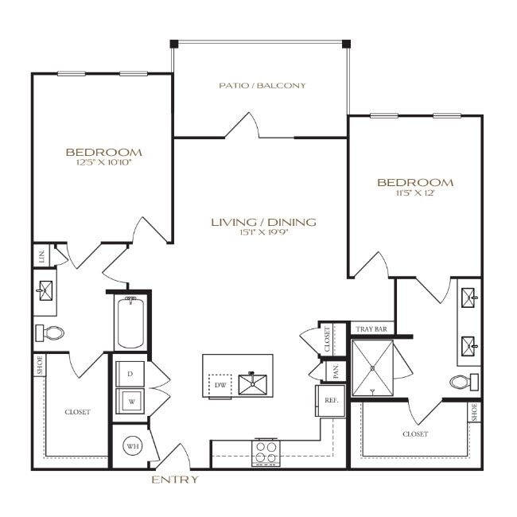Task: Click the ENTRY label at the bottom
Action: (x=174, y=480)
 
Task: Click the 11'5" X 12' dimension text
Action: (x=414, y=193)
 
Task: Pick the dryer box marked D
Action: (x=129, y=373)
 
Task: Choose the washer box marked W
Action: (x=129, y=401)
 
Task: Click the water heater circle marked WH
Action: (x=130, y=447)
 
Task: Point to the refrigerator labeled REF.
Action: (x=331, y=401)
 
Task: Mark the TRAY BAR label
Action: (x=372, y=328)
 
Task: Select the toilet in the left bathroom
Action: (x=50, y=332)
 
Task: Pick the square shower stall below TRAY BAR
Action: (x=374, y=367)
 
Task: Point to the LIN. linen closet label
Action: (x=41, y=255)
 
